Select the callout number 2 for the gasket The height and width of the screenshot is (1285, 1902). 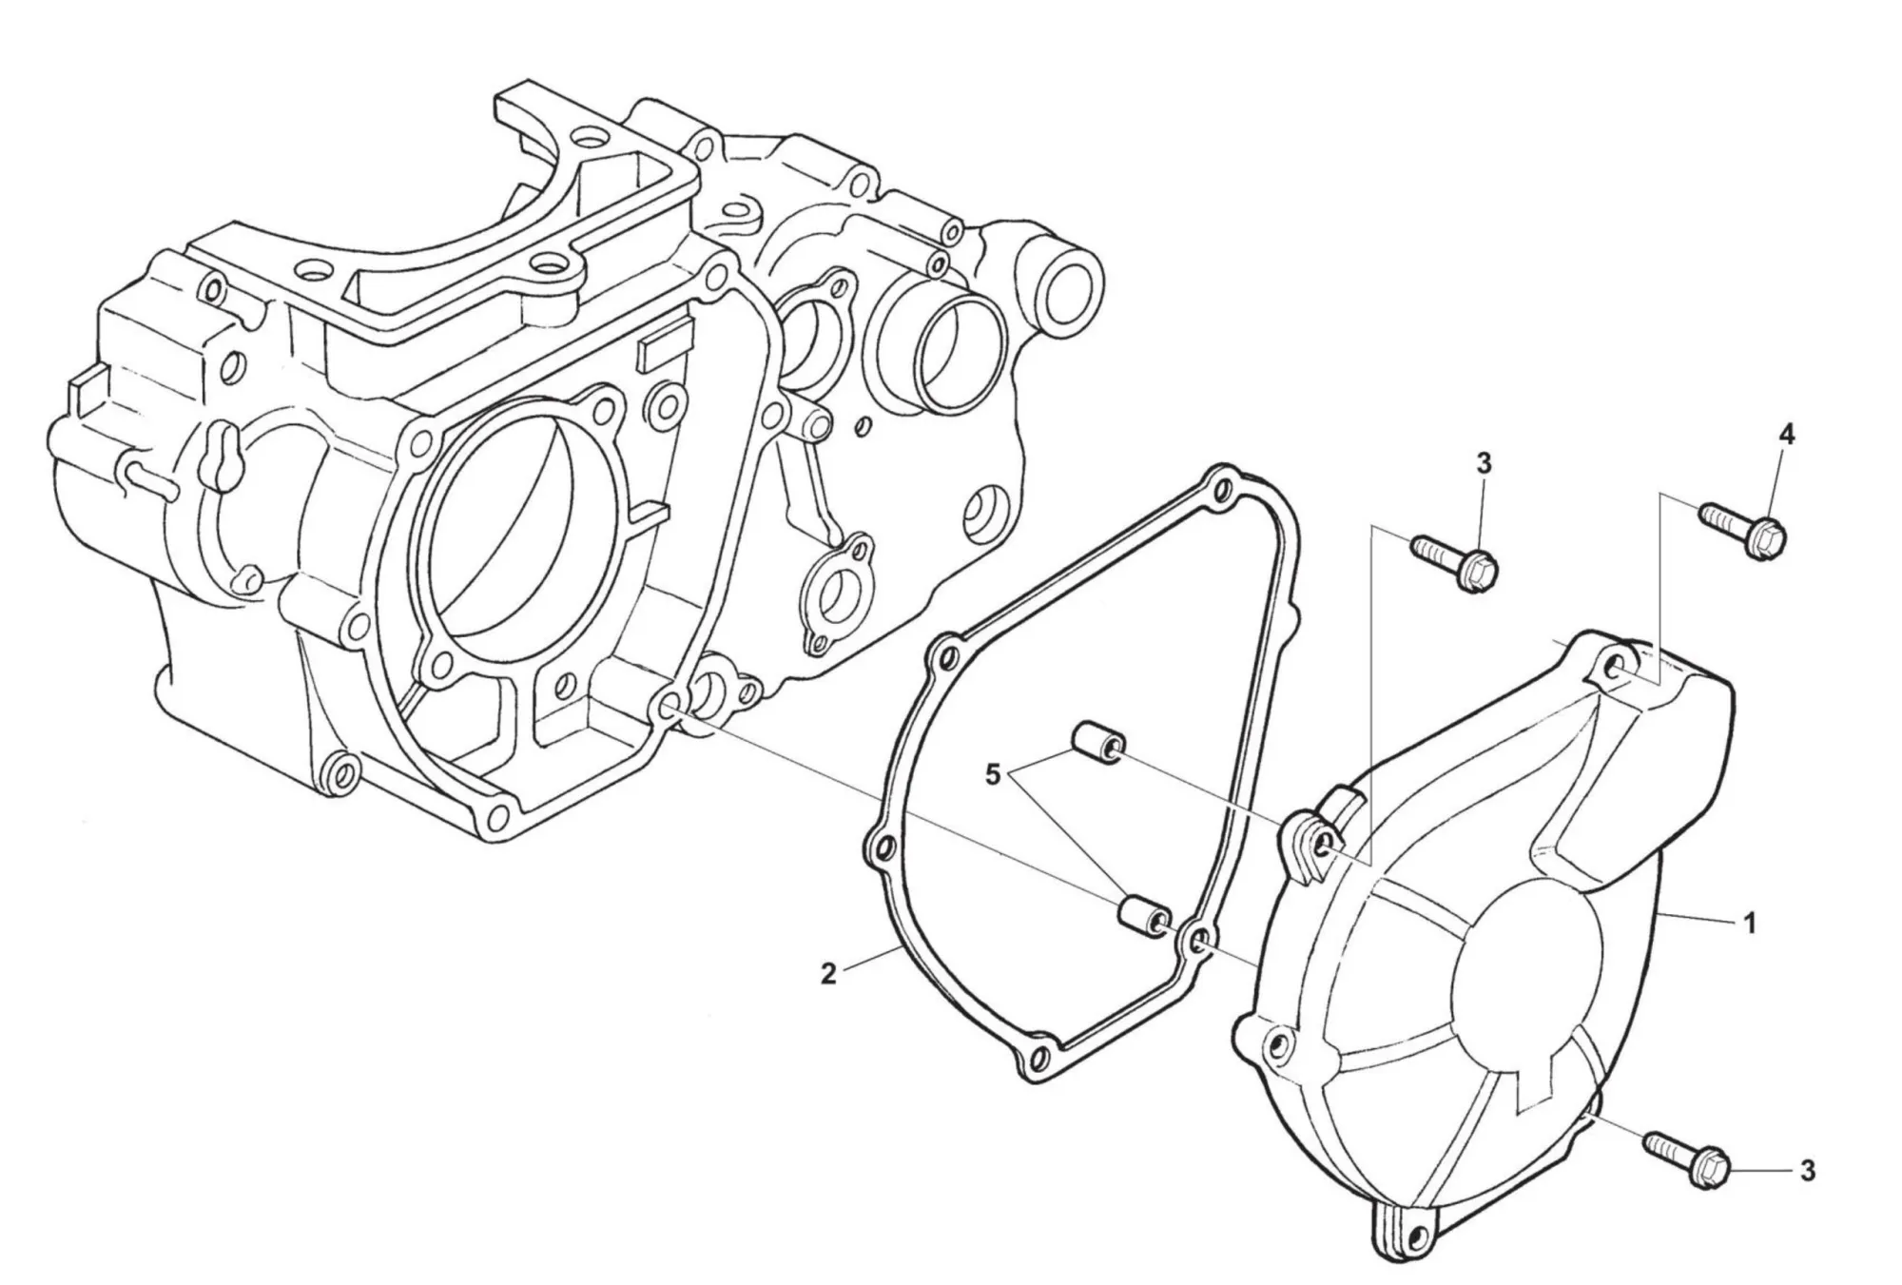coord(828,974)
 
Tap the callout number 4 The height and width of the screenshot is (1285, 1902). coord(1787,436)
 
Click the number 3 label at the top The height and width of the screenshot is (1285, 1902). coord(1484,463)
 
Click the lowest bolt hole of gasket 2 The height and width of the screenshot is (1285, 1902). coord(1038,1056)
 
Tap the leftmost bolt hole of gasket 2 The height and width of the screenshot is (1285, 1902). coord(883,847)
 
